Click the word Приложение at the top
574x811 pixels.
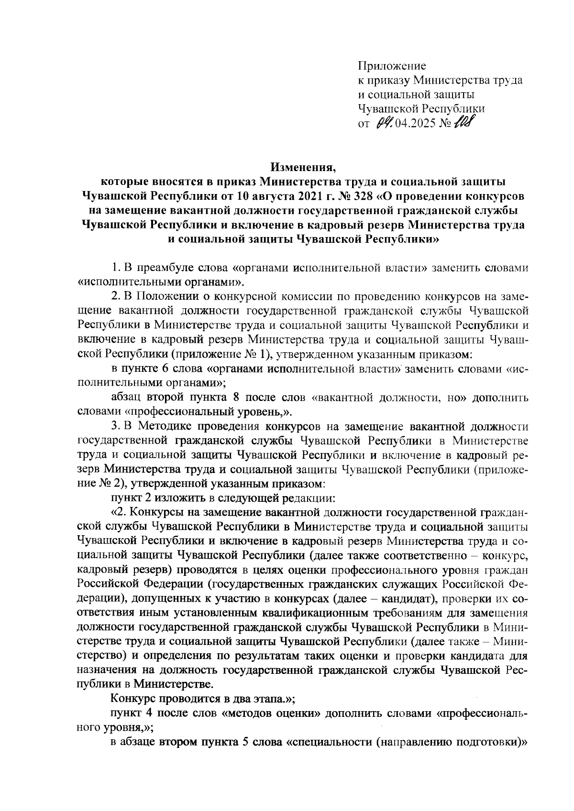[x=392, y=65]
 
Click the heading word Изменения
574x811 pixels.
[x=303, y=168]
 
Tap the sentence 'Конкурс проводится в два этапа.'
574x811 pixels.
[x=202, y=698]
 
